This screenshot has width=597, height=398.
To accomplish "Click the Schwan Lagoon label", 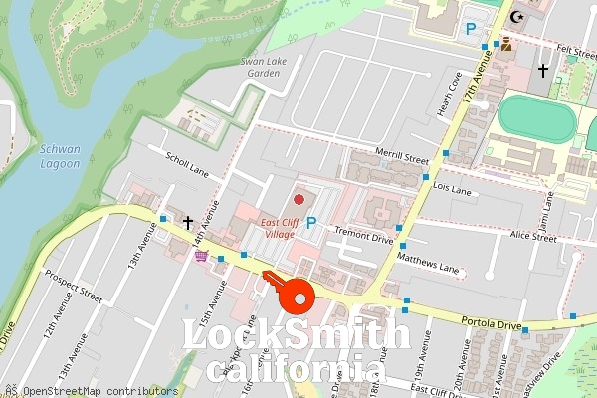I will (x=60, y=156).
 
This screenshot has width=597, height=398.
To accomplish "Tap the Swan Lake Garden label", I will (x=262, y=67).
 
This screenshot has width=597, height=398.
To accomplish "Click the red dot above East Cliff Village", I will (x=298, y=200).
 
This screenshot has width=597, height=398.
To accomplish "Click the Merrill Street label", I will (x=402, y=157).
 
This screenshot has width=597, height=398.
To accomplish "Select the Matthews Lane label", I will (x=428, y=262).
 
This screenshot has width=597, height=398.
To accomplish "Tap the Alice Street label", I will (x=532, y=238).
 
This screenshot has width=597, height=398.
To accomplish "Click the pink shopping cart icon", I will (x=202, y=256).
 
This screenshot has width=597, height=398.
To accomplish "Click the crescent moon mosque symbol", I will (x=515, y=17).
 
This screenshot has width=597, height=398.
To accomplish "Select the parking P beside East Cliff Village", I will (x=311, y=224).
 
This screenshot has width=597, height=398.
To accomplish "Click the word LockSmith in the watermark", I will (x=297, y=336).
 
